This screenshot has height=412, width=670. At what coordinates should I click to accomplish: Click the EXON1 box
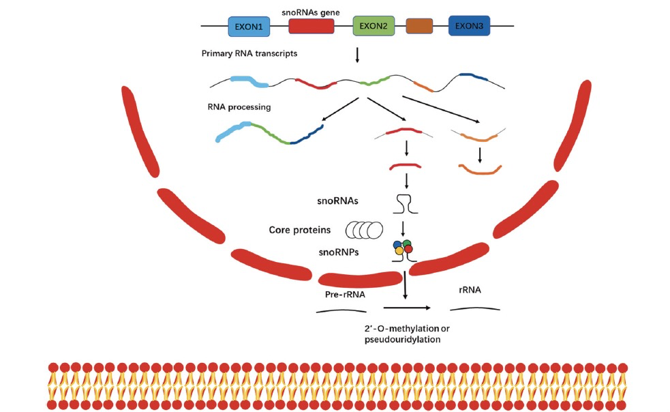[249, 26]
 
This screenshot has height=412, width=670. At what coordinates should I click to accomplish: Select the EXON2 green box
[374, 26]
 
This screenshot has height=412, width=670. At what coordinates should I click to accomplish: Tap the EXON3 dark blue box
[469, 26]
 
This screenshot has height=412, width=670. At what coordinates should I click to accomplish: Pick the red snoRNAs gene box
[311, 26]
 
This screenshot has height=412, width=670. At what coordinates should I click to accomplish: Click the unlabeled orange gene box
[419, 26]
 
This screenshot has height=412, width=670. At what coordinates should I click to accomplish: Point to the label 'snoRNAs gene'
[311, 12]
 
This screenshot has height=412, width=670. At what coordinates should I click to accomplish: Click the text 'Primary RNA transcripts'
[249, 53]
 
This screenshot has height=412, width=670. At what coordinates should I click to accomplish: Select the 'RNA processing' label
[239, 107]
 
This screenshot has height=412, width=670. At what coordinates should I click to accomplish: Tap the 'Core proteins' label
[299, 230]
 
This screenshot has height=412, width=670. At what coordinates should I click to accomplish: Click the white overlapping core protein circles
[364, 230]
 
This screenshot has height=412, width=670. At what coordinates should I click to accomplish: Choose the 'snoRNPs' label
[339, 252]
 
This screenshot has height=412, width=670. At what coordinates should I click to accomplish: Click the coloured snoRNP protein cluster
[403, 248]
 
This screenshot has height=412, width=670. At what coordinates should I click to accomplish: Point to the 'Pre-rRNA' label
[345, 295]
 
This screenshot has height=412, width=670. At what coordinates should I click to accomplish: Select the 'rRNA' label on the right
[470, 290]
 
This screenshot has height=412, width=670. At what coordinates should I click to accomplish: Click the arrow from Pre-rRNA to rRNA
[407, 308]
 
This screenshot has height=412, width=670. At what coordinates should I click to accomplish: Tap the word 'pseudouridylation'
[402, 340]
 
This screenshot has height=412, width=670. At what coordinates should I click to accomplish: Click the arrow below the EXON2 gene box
[357, 55]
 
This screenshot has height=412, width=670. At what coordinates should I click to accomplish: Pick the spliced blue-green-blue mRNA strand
[270, 133]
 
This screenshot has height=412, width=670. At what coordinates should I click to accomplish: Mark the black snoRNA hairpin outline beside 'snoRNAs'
[405, 204]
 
